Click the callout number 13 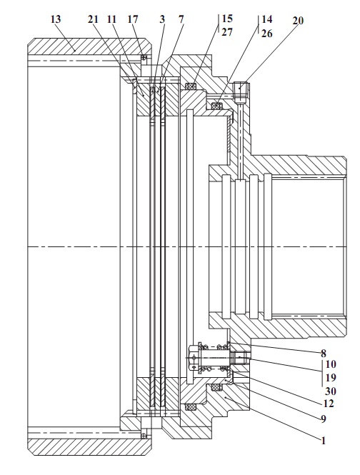point(56,19)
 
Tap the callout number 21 point(94,19)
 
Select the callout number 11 point(112,19)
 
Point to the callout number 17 point(133,19)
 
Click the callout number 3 point(162,19)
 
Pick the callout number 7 point(181,19)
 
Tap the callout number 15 point(227,19)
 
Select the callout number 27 point(227,32)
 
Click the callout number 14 point(266,19)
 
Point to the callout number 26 point(266,33)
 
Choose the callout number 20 point(298,21)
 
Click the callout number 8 point(324,354)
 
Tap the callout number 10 point(331,364)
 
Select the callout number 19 point(331,378)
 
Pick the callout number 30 point(331,391)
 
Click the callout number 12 point(329,403)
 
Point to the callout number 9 point(324,419)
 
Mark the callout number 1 point(324,441)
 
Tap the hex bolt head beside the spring point(193,358)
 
